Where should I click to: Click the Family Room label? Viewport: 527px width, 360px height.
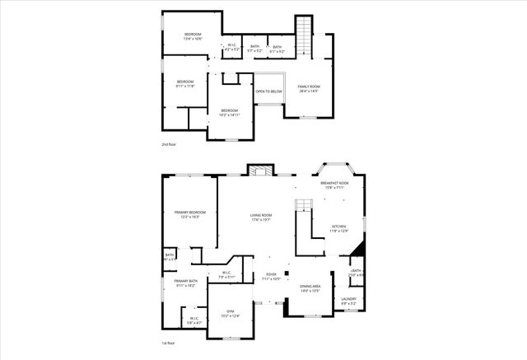click(309, 86)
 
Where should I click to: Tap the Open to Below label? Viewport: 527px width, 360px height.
click(269, 91)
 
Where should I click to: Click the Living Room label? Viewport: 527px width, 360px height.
click(261, 216)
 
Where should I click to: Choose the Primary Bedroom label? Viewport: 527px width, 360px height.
click(189, 213)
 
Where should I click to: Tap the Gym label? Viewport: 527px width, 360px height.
click(231, 311)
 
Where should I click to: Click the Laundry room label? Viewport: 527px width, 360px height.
click(349, 299)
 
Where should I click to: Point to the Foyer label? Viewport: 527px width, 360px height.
click(271, 276)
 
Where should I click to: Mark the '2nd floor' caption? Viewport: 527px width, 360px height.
click(169, 145)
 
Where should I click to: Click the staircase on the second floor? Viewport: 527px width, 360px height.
click(305, 35)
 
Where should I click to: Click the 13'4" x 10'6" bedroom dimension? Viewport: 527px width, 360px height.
click(193, 39)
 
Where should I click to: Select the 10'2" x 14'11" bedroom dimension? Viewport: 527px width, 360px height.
click(228, 115)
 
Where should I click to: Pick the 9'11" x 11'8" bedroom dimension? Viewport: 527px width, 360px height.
click(185, 85)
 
